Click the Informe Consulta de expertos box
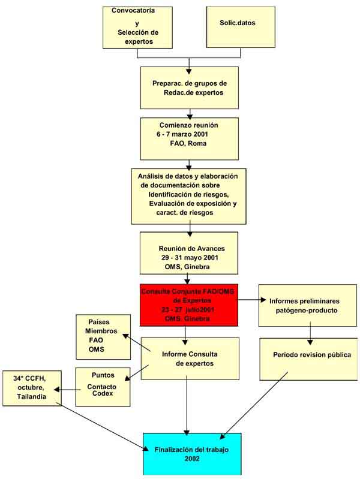(x=190, y=359)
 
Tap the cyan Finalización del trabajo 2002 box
(x=192, y=453)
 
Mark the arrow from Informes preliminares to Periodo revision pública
(x=310, y=330)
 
